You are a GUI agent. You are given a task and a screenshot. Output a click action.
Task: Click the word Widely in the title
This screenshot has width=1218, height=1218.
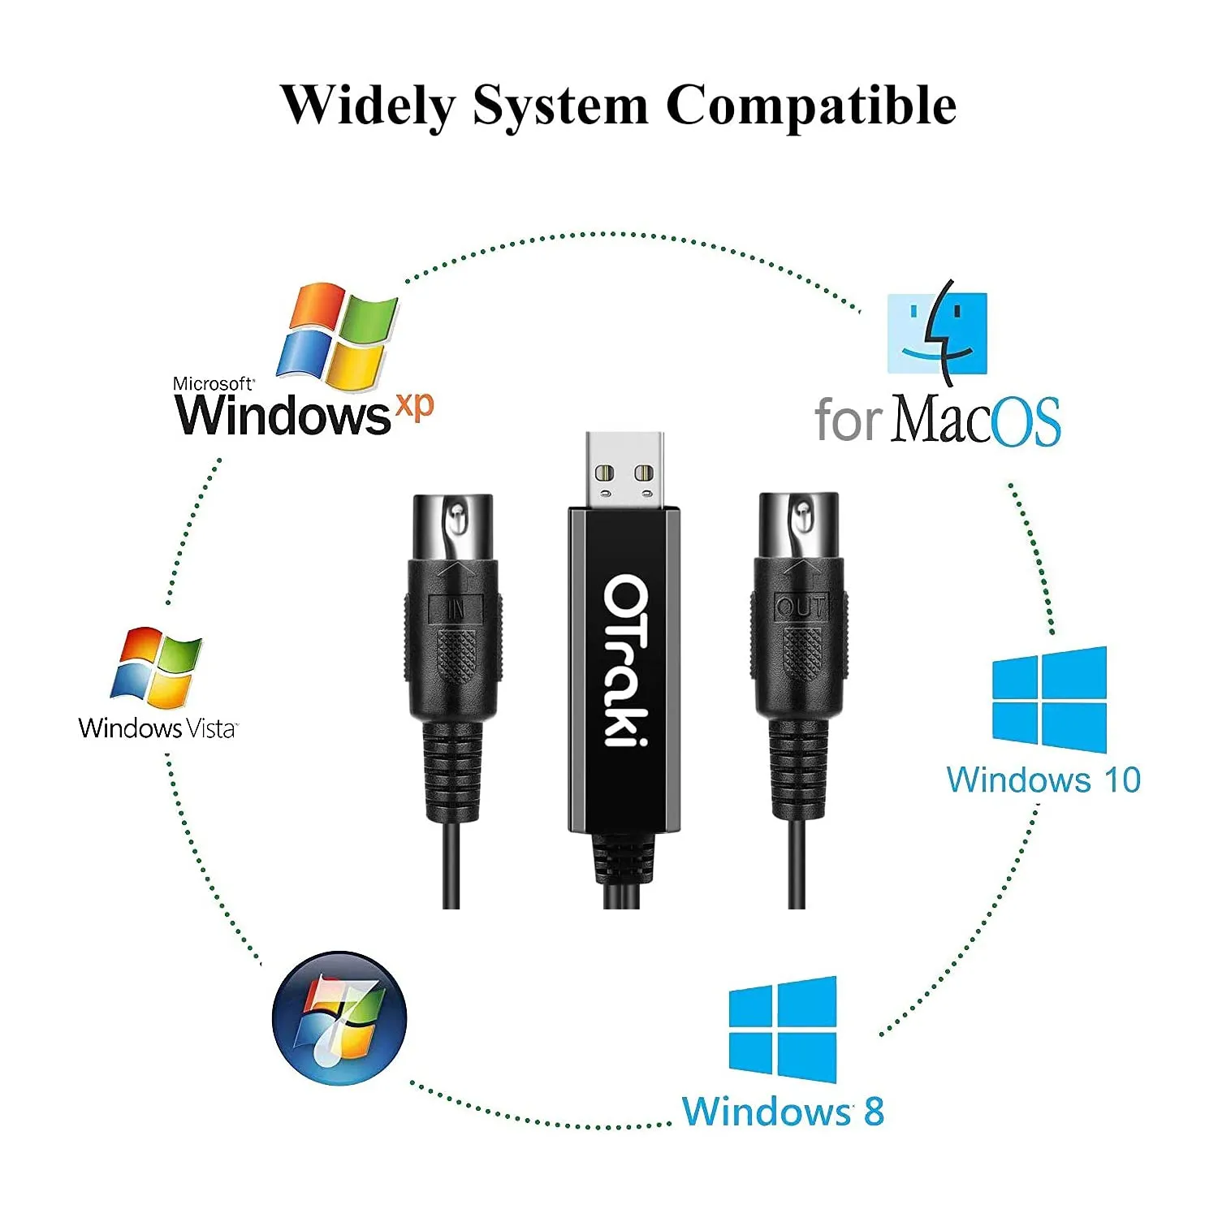coord(368,106)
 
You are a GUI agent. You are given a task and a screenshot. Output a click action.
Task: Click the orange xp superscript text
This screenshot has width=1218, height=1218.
coord(414,405)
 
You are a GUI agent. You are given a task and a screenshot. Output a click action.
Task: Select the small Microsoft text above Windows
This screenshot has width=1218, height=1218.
coord(213,383)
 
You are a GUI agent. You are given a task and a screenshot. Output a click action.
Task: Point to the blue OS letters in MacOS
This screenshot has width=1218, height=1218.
coord(1026,421)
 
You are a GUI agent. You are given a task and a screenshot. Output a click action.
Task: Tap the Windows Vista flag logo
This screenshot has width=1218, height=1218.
coord(156,666)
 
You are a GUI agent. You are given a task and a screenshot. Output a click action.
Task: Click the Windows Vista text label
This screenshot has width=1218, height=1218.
coord(158,728)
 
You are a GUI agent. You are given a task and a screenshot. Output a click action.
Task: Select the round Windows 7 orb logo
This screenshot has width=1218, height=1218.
coord(339,1019)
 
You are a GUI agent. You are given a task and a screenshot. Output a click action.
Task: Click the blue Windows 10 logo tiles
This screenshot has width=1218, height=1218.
coord(1049,699)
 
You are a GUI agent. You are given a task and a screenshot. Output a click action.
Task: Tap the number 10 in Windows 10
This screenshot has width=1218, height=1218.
coord(1121,780)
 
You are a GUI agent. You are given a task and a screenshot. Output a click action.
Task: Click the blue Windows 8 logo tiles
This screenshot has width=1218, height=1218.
coord(783,1030)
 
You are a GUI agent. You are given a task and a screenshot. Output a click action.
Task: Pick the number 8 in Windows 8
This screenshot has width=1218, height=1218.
coord(874,1112)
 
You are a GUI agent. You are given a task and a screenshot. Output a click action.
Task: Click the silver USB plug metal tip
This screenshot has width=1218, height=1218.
coord(624,470)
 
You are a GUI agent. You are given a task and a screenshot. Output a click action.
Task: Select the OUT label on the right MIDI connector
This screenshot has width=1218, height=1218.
coord(801,607)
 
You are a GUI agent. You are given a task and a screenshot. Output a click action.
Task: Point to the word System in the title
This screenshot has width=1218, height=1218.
coord(560,106)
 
